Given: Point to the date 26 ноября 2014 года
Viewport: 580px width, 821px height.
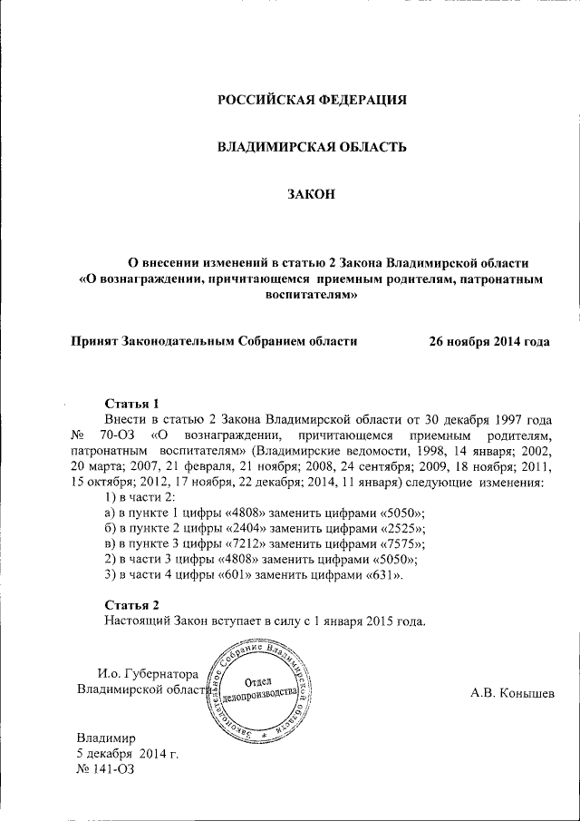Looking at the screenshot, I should coord(489,342).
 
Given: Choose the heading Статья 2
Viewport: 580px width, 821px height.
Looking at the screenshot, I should coord(132,605).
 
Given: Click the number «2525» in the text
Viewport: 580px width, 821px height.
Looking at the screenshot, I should coord(399,527).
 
